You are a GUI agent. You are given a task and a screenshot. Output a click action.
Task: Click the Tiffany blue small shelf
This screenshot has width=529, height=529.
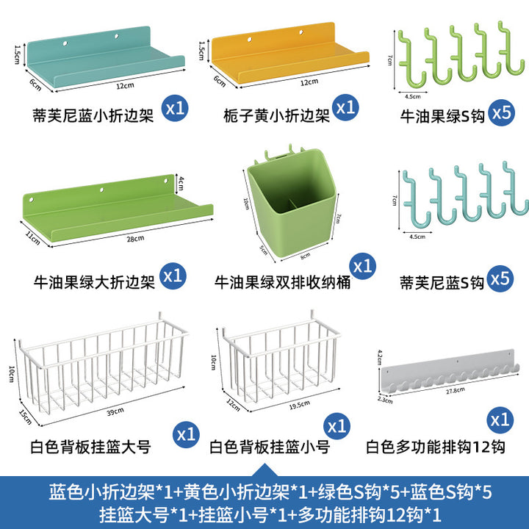104,57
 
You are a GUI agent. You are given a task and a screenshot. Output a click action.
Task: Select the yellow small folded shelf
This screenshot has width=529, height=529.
289,54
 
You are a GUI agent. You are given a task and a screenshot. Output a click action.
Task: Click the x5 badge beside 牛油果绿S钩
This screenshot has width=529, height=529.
502,112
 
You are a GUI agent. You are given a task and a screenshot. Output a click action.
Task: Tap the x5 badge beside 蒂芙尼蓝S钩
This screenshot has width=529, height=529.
500,278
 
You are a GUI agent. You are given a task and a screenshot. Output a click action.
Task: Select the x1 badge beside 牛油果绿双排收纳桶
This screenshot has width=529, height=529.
363,266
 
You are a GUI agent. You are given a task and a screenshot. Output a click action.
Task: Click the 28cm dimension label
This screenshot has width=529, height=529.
135,239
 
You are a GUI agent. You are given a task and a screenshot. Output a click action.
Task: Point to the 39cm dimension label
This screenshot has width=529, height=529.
115,411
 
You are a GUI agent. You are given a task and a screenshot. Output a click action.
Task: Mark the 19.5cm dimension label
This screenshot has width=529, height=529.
299,405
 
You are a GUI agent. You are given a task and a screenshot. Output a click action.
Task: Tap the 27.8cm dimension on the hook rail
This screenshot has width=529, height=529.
455,390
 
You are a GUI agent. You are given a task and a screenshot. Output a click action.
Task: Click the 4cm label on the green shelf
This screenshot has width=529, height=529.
181,183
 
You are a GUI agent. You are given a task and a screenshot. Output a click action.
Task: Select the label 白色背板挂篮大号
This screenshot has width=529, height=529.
90,447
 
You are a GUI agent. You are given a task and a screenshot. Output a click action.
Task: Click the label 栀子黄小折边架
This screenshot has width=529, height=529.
276,116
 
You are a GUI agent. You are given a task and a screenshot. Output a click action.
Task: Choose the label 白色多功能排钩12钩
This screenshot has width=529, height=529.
436,447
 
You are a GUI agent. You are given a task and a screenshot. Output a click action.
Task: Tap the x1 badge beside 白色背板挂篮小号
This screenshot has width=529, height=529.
337,426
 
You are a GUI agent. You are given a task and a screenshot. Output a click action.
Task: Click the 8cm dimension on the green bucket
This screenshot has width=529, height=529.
305,256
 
